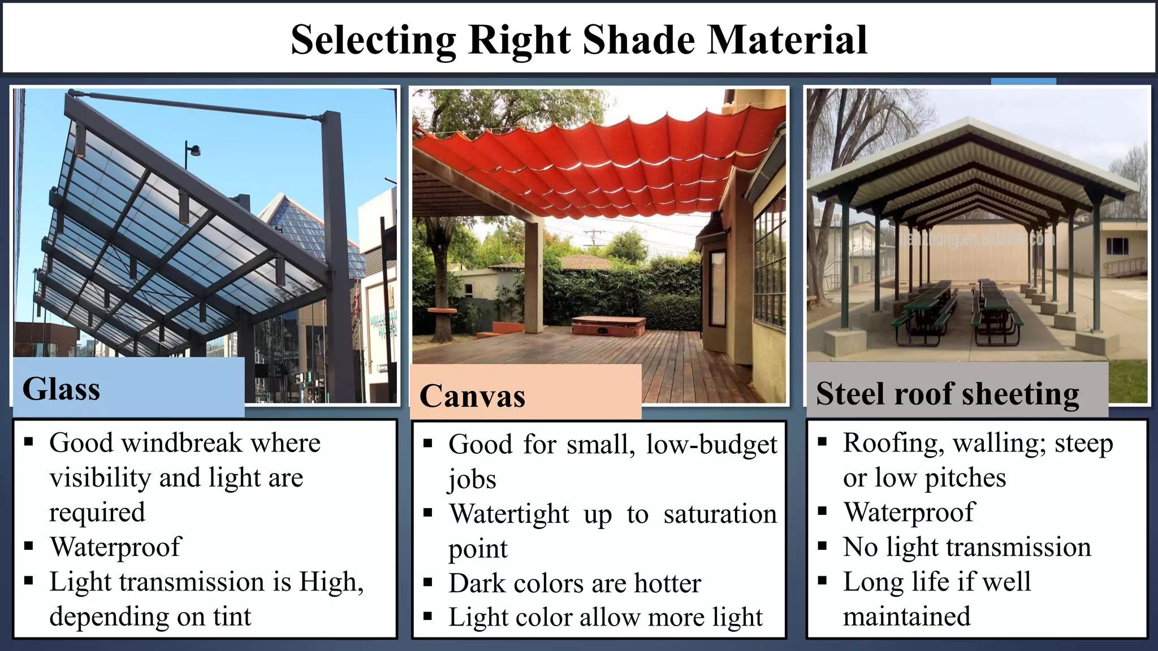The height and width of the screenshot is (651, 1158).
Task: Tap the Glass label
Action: click(x=61, y=389)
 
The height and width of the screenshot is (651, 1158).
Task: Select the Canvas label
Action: click(x=472, y=396)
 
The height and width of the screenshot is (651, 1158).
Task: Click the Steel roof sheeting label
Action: click(x=948, y=393)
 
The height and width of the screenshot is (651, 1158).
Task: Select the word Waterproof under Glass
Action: click(x=115, y=547)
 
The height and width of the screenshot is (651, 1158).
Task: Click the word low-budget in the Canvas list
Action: click(x=711, y=445)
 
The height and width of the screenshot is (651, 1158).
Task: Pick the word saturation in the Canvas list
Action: click(x=720, y=514)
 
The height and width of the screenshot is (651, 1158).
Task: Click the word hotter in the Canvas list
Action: click(x=667, y=583)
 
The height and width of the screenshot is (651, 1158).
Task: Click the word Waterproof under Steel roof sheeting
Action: click(x=909, y=513)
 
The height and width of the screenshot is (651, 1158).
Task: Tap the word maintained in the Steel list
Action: click(x=906, y=617)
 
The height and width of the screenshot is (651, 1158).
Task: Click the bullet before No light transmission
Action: click(x=823, y=546)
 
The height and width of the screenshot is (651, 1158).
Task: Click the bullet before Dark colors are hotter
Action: click(x=428, y=581)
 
